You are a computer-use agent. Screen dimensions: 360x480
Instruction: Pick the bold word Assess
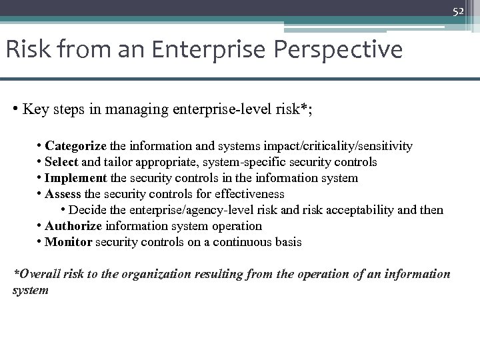click(x=63, y=194)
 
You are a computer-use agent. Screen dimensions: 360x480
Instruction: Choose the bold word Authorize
click(x=73, y=226)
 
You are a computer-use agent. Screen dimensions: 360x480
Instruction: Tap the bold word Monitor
click(x=68, y=242)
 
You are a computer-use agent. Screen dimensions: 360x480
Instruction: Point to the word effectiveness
click(x=251, y=194)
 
